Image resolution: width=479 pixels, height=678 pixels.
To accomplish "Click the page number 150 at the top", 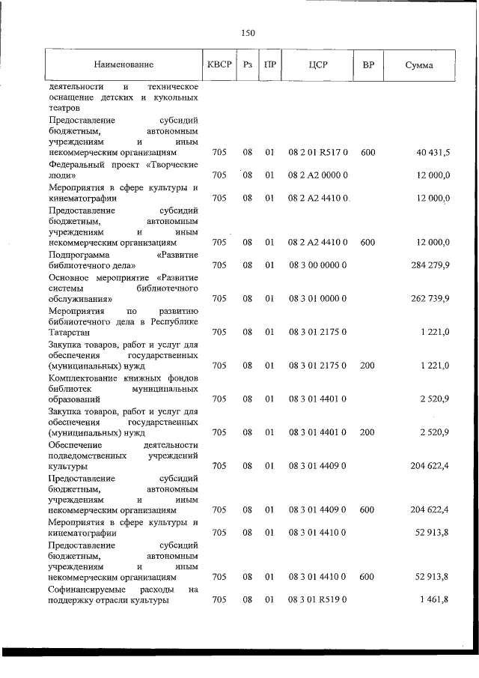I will [248, 33].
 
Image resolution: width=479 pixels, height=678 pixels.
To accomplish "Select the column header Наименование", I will [123, 65].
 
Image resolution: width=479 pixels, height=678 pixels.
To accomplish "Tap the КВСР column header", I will [219, 65].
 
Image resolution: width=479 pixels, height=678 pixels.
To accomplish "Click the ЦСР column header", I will [318, 65].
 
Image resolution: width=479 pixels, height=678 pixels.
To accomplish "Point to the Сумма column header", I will [418, 65].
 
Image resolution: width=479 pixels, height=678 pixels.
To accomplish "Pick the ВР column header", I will [368, 65].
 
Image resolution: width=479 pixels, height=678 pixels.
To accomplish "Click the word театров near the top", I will [64, 108].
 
